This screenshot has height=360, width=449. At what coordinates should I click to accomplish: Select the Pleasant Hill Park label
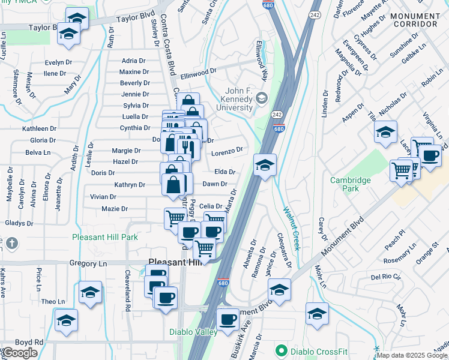coord(104,237)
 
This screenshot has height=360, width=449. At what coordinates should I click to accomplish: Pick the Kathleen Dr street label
coord(39,128)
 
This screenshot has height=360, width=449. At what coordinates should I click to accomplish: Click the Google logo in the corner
coord(20,353)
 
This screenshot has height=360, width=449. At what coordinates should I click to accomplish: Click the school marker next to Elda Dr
coord(264,164)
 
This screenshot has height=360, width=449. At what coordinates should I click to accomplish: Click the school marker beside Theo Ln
coord(90,292)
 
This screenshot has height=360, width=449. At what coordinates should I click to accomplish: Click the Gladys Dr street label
coord(19,223)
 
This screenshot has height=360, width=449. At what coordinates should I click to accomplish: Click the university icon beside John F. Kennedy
coord(261,98)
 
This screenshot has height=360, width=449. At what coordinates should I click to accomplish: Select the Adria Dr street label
coord(133,61)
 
